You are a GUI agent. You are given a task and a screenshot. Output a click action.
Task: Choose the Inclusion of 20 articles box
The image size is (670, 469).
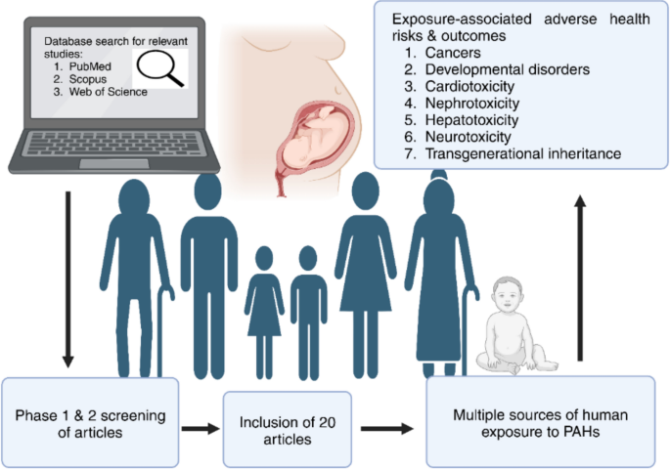275,428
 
